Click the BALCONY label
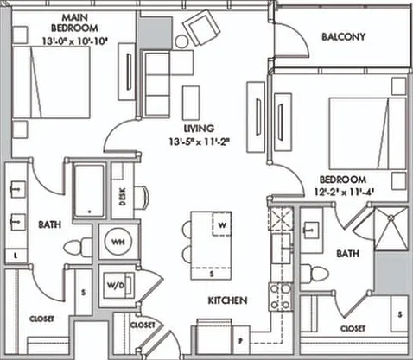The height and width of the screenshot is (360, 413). tap(343, 37)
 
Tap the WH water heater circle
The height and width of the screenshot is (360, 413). tap(118, 242)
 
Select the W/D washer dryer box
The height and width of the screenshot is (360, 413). tap(118, 285)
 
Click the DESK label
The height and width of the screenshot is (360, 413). tap(123, 197)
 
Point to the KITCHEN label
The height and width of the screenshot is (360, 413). tap(227, 300)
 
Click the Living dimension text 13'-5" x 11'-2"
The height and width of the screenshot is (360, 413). tap(200, 142)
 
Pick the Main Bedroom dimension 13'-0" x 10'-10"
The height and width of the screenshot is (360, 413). tap(75, 41)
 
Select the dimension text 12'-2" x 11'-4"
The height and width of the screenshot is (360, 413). tap(344, 192)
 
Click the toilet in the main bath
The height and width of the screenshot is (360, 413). tap(77, 248)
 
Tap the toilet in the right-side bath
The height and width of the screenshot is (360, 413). tap(315, 274)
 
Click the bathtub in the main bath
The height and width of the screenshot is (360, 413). tap(89, 191)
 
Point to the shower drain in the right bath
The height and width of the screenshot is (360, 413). tap(391, 218)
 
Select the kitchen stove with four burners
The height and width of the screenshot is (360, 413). tap(280, 297)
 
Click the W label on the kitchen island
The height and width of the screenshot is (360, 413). tap(222, 225)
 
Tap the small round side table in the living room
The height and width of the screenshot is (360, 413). tap(181, 41)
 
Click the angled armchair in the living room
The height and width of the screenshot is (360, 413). tap(201, 27)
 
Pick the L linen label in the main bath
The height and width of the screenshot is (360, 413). tap(16, 256)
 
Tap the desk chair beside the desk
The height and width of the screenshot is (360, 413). tap(143, 198)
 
